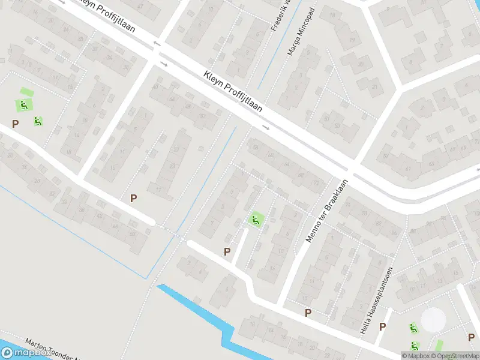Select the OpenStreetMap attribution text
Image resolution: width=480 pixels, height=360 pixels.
454,356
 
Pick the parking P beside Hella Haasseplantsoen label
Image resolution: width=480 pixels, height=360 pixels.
382,326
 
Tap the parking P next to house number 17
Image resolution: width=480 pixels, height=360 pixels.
133,198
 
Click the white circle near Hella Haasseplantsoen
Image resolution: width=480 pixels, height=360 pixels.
433,320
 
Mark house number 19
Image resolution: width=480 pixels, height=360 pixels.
352,40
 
